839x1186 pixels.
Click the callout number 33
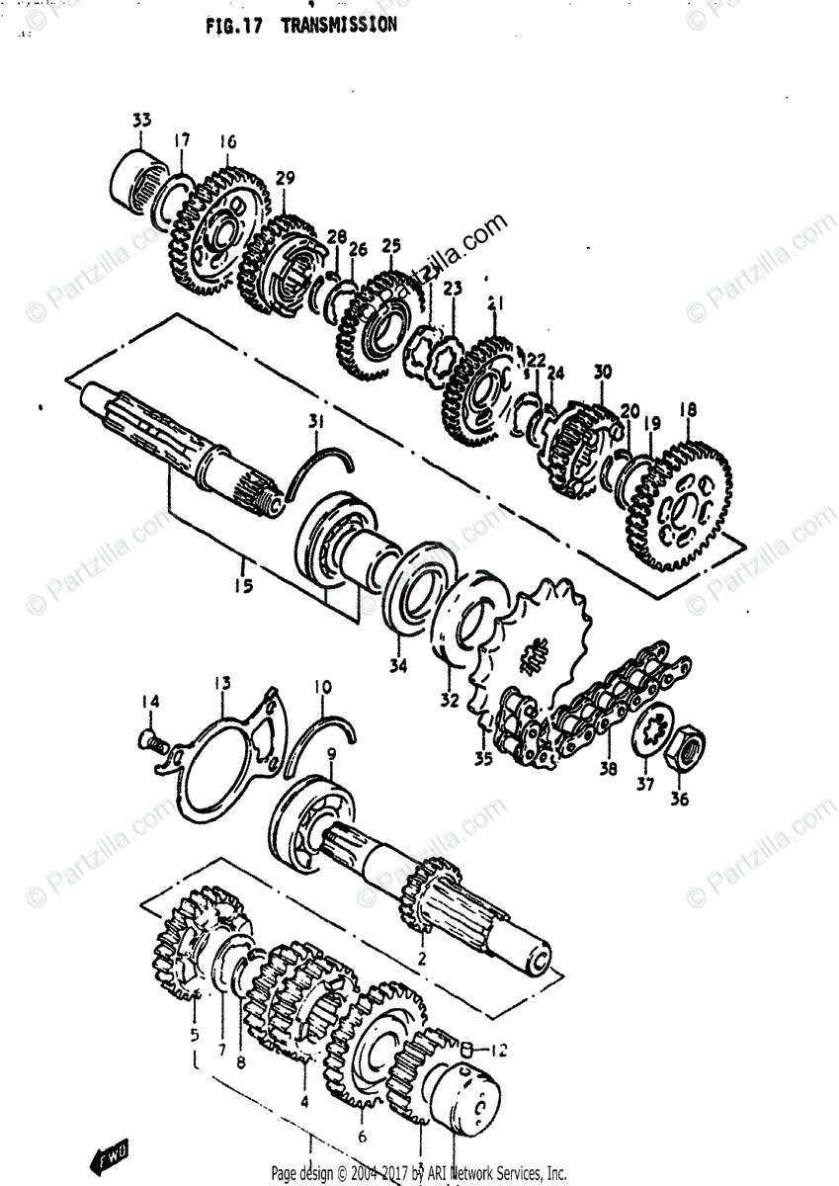[x=141, y=121]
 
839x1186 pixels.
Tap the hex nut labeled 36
[x=681, y=752]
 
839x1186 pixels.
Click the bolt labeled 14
[x=152, y=738]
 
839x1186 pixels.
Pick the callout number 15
[x=243, y=584]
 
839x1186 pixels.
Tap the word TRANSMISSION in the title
[x=339, y=25]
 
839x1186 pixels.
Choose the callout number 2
[x=421, y=957]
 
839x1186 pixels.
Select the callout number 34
[x=397, y=665]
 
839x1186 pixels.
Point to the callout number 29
[x=285, y=178]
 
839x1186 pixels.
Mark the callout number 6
[x=362, y=1137]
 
